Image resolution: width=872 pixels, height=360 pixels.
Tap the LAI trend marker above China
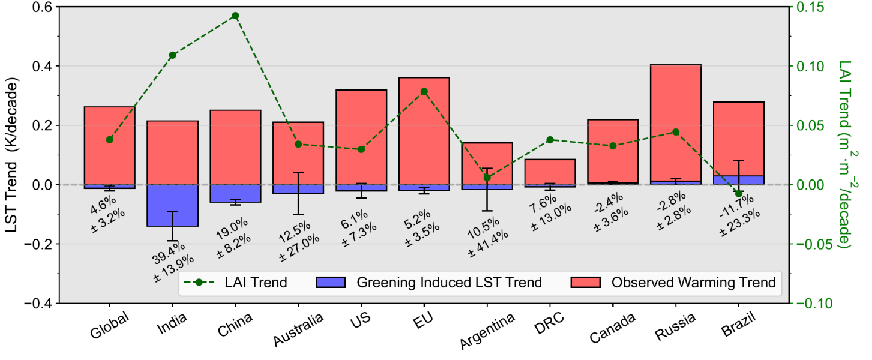pos(235,16)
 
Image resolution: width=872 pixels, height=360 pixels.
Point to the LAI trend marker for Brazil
pos(739,194)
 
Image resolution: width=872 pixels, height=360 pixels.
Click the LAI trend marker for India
pos(173,55)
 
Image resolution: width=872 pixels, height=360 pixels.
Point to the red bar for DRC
pos(550,172)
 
